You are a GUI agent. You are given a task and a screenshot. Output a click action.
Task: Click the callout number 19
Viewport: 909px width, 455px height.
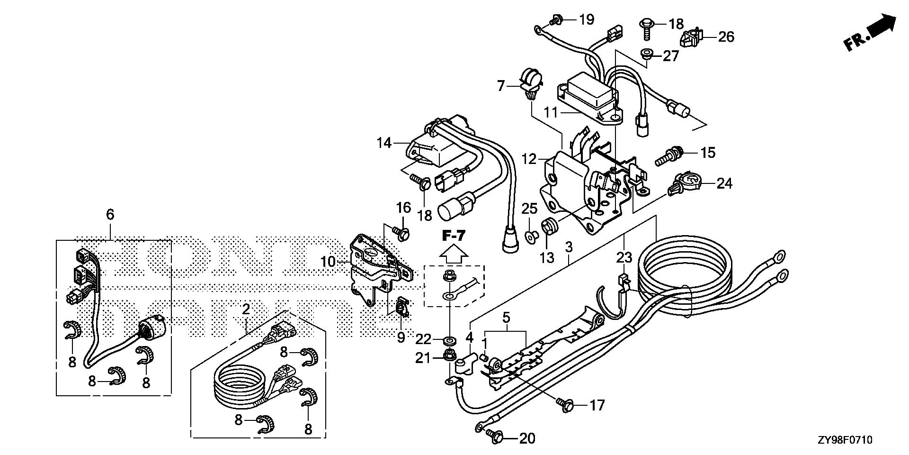click(x=586, y=19)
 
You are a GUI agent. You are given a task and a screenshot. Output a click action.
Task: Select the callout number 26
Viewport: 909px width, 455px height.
click(x=726, y=36)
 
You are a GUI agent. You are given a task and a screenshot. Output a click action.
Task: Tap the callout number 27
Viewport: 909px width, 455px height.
click(x=671, y=56)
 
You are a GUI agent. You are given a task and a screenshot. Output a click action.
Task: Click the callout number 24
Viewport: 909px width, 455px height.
click(x=724, y=183)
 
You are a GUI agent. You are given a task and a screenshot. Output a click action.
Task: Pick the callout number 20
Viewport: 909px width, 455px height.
click(x=527, y=438)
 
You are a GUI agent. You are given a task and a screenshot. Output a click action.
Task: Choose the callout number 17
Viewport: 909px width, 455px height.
click(x=597, y=405)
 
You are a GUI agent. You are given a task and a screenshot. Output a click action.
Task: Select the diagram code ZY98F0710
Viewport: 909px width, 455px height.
click(x=844, y=440)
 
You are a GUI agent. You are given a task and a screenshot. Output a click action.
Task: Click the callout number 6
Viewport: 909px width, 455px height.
click(x=110, y=215)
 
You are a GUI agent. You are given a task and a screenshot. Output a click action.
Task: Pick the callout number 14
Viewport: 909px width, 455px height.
click(x=384, y=142)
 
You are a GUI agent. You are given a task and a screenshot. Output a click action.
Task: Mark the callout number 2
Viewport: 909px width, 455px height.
click(x=246, y=309)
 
